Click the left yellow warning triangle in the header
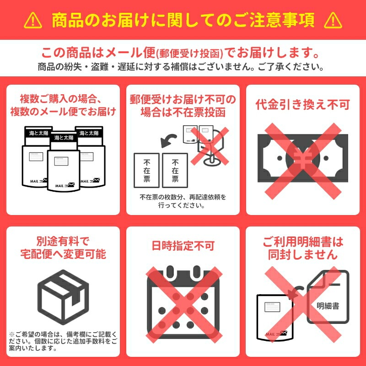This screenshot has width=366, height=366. pos(33,21)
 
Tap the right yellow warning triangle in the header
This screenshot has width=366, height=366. pos(333,21)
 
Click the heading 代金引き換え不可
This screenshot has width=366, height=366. pos(303,104)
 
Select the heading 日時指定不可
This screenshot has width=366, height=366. pos(183,246)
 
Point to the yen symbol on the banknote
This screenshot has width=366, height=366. pos(303,159)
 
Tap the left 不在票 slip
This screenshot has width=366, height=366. pos(146,170)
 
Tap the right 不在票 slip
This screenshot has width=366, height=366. pos(175,170)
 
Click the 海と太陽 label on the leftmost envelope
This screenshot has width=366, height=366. pos(38,133)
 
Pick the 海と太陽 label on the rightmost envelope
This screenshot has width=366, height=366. pos(89,133)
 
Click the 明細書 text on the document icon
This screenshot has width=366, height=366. pos(328,306)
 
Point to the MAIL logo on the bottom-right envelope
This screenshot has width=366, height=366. pos(276,334)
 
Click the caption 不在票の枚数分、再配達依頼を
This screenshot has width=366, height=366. pos(183,197)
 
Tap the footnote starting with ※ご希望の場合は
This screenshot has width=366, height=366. pos(63,341)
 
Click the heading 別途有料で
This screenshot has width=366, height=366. pos(63,241)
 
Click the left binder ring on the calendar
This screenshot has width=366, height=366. pos(171,272)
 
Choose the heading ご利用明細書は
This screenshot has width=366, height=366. pos(303,242)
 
